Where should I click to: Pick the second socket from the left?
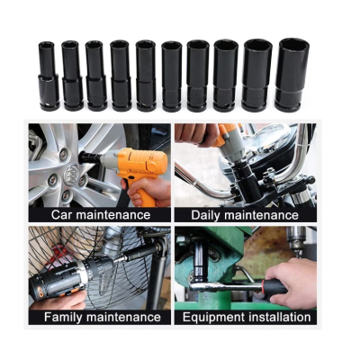tap(71, 76)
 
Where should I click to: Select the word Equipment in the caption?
tap(212, 317)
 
